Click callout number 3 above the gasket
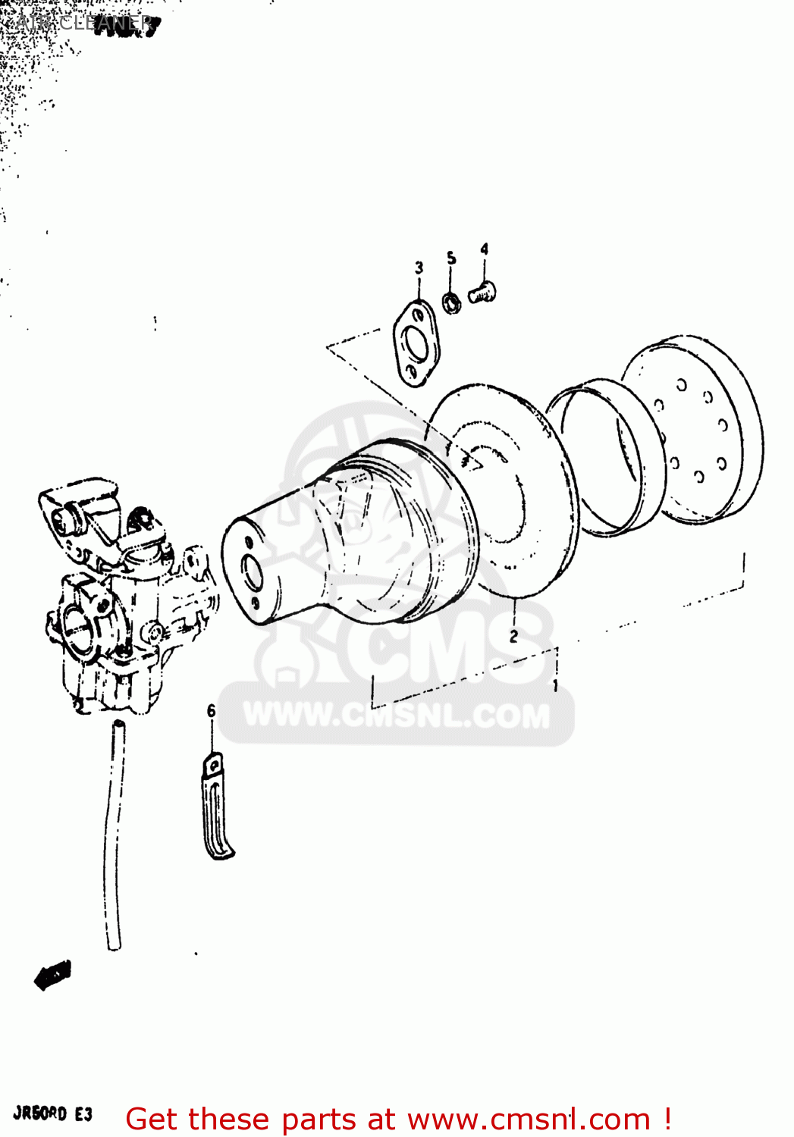pyautogui.click(x=419, y=268)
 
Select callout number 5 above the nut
pyautogui.click(x=451, y=258)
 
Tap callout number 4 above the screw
pyautogui.click(x=484, y=249)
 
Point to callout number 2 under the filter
pyautogui.click(x=513, y=636)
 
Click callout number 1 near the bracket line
pyautogui.click(x=555, y=685)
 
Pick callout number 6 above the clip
pyautogui.click(x=211, y=710)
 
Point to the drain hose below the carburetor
pyautogui.click(x=114, y=834)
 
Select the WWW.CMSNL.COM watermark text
pyautogui.click(x=397, y=716)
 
